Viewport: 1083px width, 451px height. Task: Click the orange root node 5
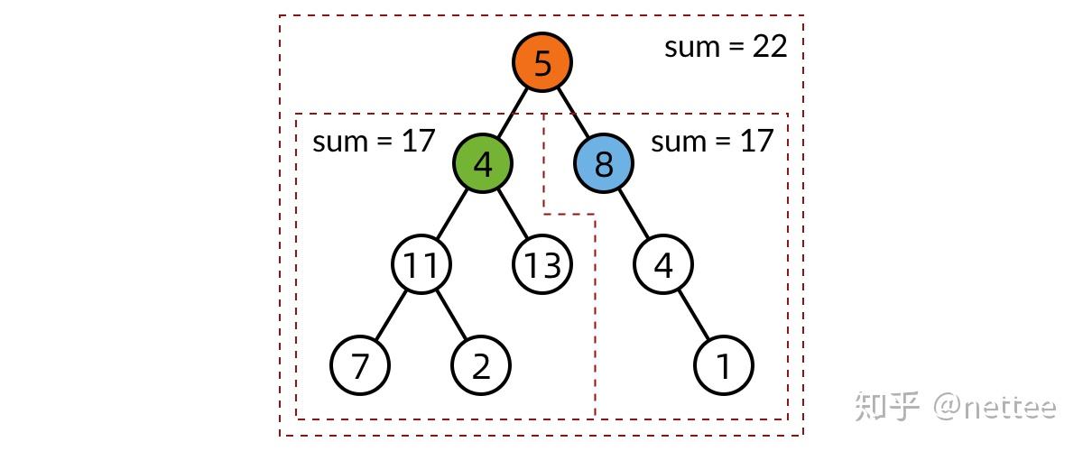click(x=542, y=63)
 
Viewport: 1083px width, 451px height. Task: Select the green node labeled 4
click(x=483, y=164)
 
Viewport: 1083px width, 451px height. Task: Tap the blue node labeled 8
click(x=604, y=164)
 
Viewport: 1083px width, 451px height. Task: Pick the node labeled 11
click(x=421, y=265)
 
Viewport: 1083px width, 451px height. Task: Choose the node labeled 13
click(x=542, y=265)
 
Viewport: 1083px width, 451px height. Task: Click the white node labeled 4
click(x=663, y=265)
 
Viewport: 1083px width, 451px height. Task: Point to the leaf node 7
click(x=360, y=366)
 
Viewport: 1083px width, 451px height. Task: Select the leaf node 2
click(x=481, y=366)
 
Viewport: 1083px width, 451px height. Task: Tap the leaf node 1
click(x=724, y=366)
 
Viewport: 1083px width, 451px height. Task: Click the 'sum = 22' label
click(x=726, y=47)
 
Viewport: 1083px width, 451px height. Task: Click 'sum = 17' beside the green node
click(x=374, y=141)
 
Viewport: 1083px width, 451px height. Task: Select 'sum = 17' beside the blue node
click(x=712, y=141)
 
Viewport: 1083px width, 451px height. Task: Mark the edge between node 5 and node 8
click(x=573, y=114)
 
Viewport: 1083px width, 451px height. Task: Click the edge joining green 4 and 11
click(x=452, y=215)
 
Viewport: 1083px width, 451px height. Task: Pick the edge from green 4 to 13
click(x=513, y=215)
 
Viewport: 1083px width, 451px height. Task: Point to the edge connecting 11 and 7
click(x=391, y=316)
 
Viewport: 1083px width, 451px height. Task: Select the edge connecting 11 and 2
click(x=451, y=316)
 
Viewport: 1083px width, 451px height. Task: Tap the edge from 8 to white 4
click(x=634, y=215)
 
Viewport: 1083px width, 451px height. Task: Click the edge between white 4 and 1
click(x=694, y=316)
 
